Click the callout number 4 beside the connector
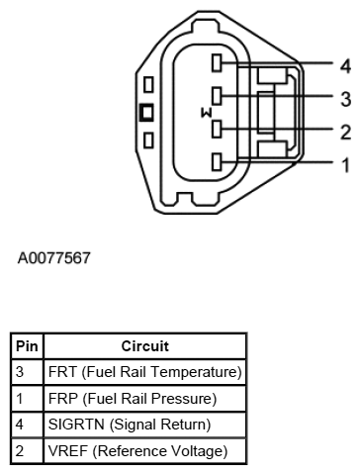345,66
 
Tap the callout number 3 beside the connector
345,99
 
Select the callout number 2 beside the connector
345,132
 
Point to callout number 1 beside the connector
345,164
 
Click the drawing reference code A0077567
54,259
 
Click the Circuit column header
144,346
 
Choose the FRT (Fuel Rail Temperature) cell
144,372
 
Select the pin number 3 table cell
22,372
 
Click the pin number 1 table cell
22,399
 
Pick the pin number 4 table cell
22,425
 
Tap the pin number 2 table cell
22,451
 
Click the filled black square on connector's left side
146,112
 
